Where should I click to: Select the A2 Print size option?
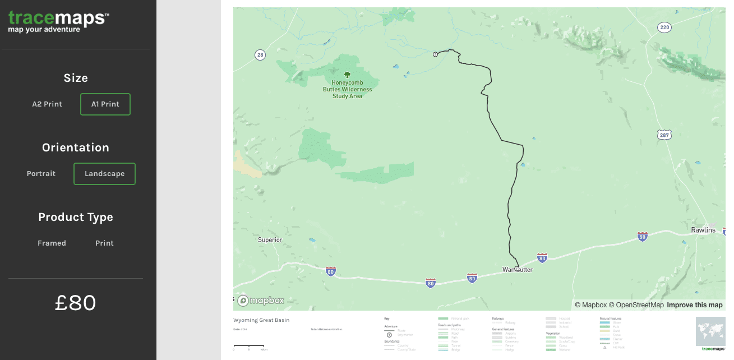(x=47, y=104)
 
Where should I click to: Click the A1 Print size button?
(x=105, y=104)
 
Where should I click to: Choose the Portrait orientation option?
(x=41, y=174)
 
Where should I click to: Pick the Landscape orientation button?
(x=104, y=174)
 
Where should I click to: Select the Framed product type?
(x=52, y=243)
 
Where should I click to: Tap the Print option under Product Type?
(x=104, y=243)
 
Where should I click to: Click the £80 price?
(x=76, y=303)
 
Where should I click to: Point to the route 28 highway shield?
(x=260, y=54)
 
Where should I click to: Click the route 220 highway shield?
(x=664, y=27)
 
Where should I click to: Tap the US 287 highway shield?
(x=664, y=135)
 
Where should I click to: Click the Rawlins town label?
(x=703, y=230)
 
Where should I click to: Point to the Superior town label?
(x=270, y=240)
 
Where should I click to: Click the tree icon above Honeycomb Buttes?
(x=347, y=74)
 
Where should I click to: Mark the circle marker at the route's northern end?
(x=435, y=54)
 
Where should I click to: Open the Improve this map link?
(x=694, y=305)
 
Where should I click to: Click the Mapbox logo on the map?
(x=261, y=301)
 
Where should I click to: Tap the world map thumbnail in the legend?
(x=710, y=331)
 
